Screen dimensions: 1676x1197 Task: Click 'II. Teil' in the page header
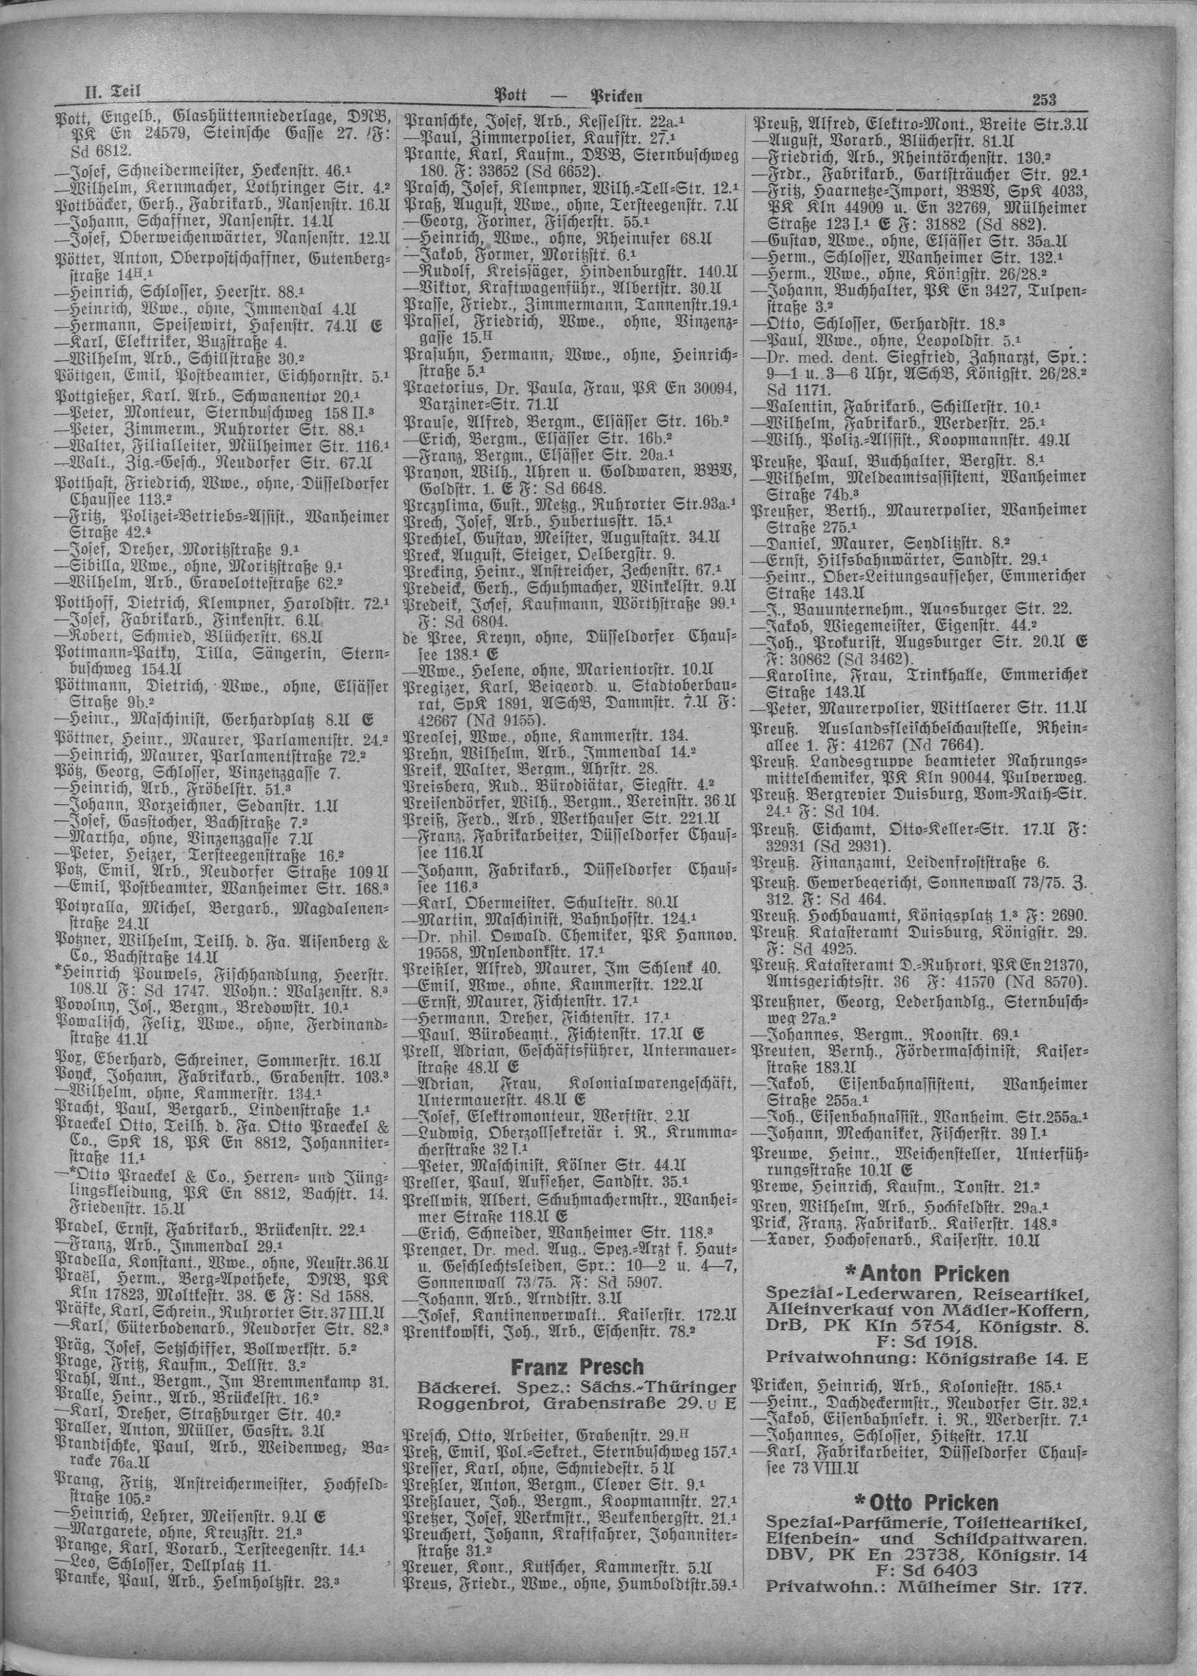click(x=109, y=92)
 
